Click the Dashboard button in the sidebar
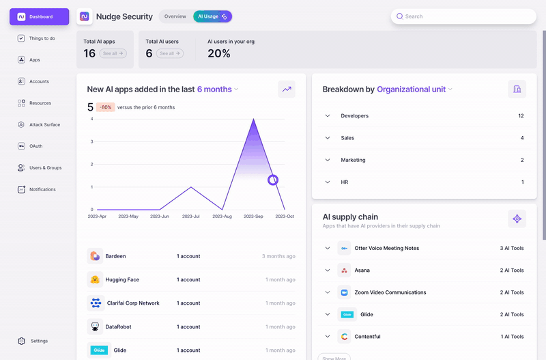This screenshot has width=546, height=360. [39, 16]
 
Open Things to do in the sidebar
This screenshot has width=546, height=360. [42, 38]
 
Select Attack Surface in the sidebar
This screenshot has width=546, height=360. [44, 125]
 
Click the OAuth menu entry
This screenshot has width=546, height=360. [35, 146]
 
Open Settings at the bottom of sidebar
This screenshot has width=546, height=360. [39, 341]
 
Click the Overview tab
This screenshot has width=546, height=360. [175, 16]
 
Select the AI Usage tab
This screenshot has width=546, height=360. [212, 16]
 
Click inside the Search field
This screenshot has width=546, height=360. [464, 16]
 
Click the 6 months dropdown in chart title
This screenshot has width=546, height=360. [218, 89]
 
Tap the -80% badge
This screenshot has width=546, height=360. [105, 107]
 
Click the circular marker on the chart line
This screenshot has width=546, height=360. [273, 180]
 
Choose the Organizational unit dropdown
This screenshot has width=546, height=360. [415, 89]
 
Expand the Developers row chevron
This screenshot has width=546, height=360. [328, 116]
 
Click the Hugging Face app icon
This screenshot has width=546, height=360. [95, 279]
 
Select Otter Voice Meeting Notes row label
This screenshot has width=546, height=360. [386, 248]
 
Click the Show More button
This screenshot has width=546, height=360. [333, 357]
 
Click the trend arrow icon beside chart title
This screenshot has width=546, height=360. [287, 89]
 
